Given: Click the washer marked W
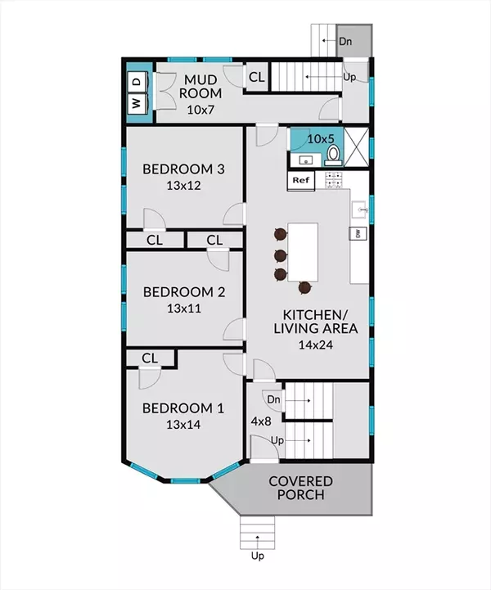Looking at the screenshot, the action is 137,103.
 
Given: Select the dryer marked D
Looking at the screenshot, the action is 137,82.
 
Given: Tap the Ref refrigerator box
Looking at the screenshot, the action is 301,181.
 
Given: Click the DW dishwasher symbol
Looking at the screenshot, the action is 358,234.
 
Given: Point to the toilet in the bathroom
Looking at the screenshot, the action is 333,155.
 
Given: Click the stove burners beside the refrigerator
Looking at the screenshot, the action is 333,180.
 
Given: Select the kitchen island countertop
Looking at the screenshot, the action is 303,252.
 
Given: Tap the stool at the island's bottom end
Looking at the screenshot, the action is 304,288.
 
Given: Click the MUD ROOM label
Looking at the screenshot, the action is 200,87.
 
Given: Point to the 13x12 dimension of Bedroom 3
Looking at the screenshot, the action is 183,186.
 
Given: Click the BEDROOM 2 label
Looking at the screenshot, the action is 184,292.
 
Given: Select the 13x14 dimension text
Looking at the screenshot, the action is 183,425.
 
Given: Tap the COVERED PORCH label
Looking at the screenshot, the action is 300,488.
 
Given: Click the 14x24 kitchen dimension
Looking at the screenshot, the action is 316,345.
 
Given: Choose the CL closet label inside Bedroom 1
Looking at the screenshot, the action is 150,358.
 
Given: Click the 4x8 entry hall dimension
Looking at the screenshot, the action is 261,421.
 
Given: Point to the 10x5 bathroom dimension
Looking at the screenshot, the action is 321,139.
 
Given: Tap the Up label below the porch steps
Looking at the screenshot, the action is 258,556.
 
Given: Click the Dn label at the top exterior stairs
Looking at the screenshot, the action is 345,41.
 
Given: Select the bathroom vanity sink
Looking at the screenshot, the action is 306,160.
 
